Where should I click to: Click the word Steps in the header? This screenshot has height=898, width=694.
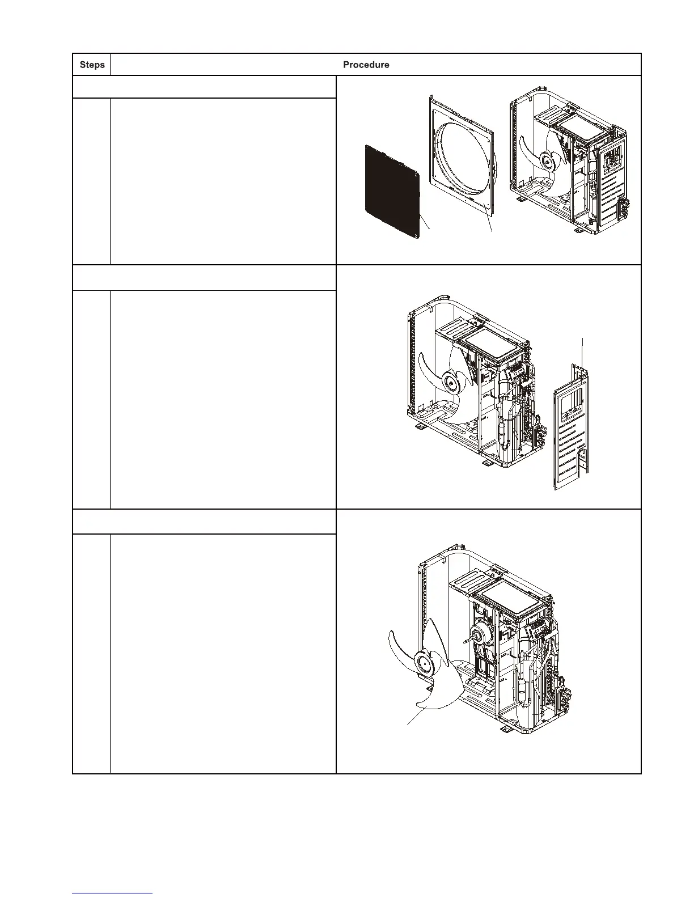[x=92, y=65]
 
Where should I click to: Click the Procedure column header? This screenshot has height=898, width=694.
[x=366, y=65]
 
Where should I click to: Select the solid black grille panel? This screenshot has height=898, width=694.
[x=392, y=191]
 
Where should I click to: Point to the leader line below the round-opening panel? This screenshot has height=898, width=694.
[x=489, y=224]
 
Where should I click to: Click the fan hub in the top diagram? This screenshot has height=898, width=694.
[x=548, y=162]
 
